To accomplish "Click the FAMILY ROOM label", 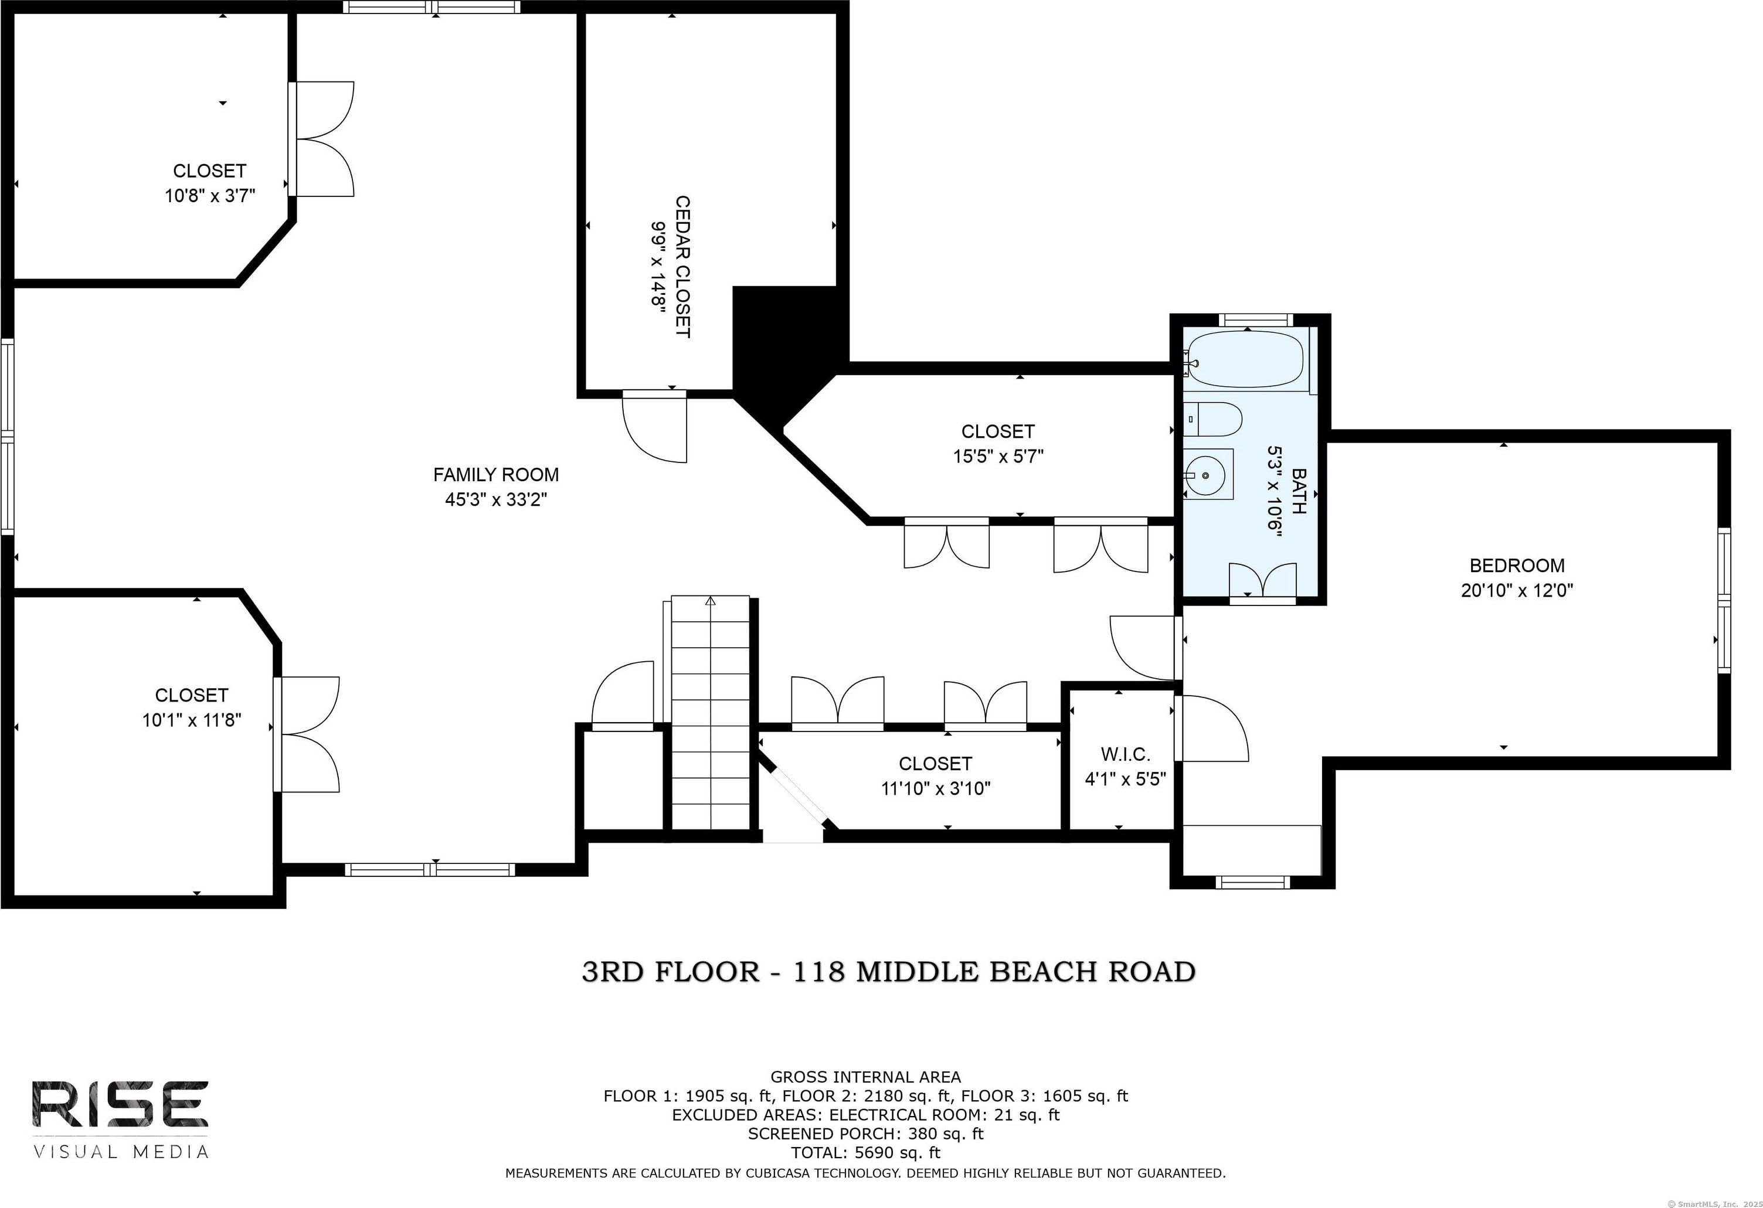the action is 495,475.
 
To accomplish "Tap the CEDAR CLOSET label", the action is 683,267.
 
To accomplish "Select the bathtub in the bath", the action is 1245,359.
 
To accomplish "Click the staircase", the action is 710,713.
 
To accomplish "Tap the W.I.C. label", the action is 1125,754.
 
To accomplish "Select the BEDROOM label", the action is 1516,566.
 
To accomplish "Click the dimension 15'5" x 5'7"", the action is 998,457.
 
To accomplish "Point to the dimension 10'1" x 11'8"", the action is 192,720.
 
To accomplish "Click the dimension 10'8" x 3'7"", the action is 210,196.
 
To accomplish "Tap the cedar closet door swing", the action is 654,428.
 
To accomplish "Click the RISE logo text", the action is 120,1104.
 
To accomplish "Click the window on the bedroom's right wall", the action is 1724,601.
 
